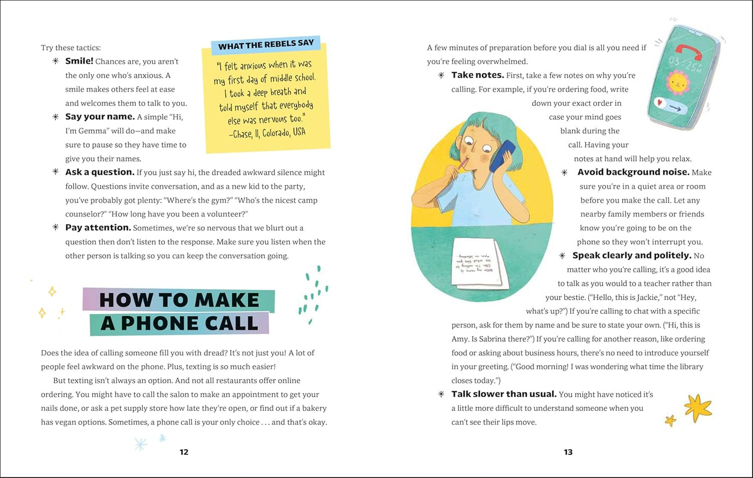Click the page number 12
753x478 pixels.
click(184, 452)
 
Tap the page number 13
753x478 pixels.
click(568, 452)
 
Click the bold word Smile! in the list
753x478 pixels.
click(79, 61)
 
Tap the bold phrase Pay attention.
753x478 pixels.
click(98, 227)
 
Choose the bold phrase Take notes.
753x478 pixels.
click(478, 75)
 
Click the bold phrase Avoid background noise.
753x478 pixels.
click(633, 172)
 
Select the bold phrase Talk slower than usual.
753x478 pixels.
click(503, 394)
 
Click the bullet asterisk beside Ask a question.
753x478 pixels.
click(55, 172)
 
